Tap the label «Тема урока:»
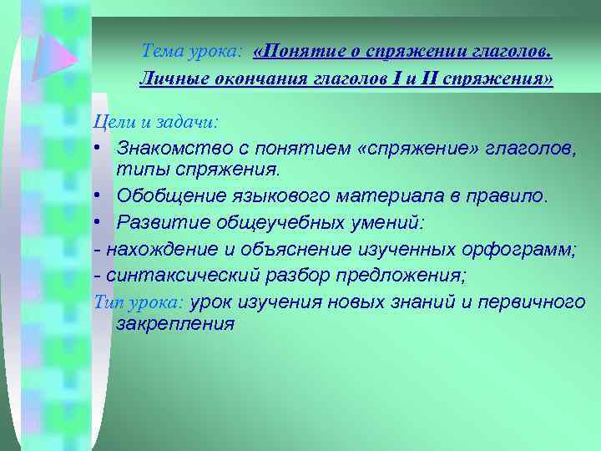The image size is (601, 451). click(192, 52)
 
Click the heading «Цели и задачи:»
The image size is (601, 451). click(155, 122)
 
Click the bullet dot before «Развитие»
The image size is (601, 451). click(98, 223)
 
